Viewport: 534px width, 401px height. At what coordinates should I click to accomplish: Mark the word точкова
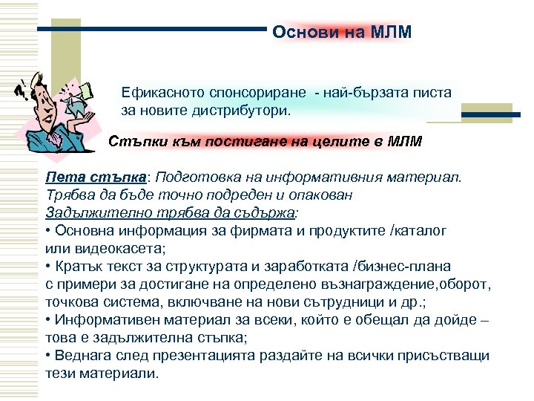(73, 301)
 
